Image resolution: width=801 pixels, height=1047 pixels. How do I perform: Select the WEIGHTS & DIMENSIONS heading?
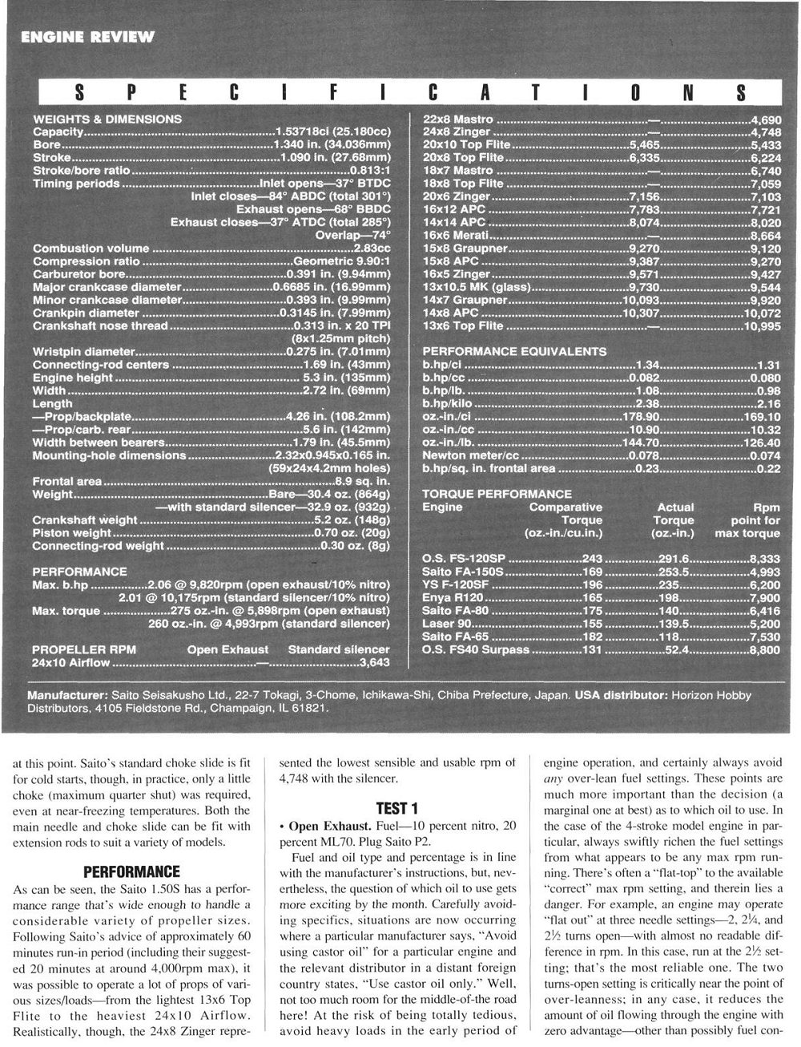tap(107, 119)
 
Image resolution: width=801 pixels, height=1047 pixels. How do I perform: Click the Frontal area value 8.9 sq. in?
tap(361, 481)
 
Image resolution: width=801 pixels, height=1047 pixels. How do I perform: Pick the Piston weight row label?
tap(72, 533)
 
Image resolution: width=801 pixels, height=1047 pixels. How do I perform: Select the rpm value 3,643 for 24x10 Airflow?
tap(375, 663)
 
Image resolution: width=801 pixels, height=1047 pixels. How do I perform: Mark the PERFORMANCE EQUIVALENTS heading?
tap(514, 351)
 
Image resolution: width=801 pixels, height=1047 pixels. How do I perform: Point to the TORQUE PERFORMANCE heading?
tap(497, 494)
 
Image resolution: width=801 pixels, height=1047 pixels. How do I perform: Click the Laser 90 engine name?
tap(446, 624)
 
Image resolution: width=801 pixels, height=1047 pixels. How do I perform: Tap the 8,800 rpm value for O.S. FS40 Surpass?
tap(764, 650)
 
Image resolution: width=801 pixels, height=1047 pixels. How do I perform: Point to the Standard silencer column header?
tap(339, 649)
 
